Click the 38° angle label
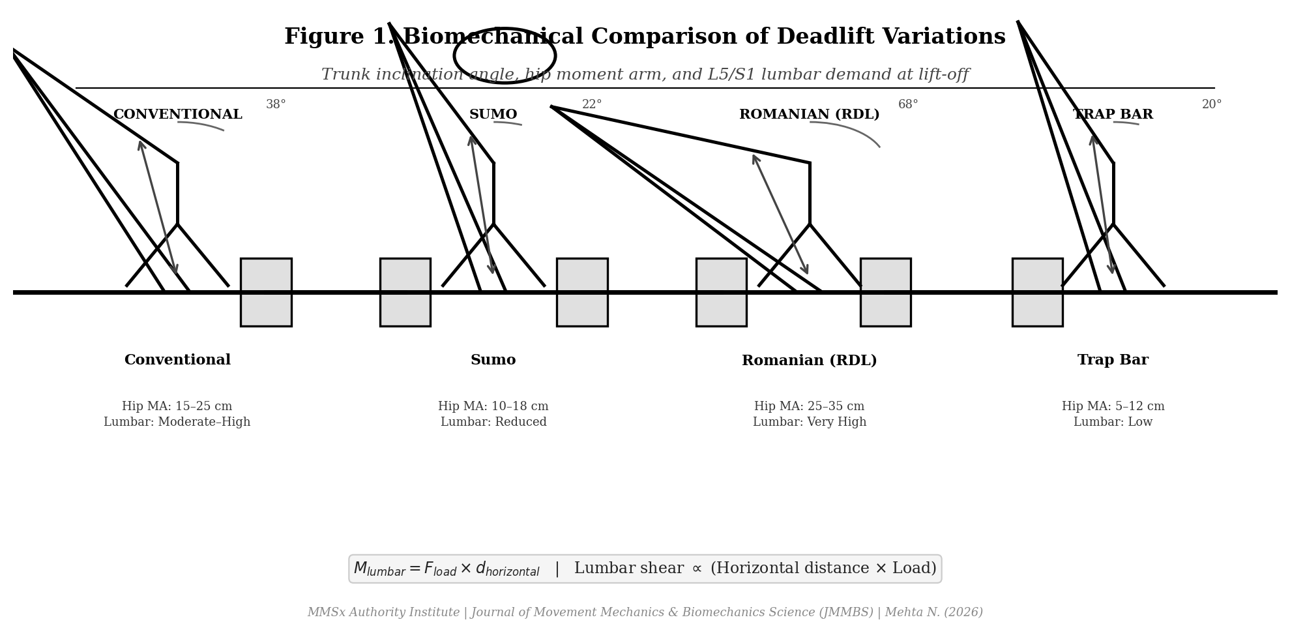276,104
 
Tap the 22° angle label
592,104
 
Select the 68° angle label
908,104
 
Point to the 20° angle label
1212,104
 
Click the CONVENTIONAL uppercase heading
177,115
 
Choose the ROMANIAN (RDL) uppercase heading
809,115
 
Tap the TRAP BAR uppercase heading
1113,115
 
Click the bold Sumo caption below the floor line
493,360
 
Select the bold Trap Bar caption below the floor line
1113,360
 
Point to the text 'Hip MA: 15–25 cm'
177,406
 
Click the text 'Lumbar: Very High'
809,422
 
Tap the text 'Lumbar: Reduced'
493,422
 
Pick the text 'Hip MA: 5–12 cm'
1113,406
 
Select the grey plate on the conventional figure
266,292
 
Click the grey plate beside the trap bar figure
1037,292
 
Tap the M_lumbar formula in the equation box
447,569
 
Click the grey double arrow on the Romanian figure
780,214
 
